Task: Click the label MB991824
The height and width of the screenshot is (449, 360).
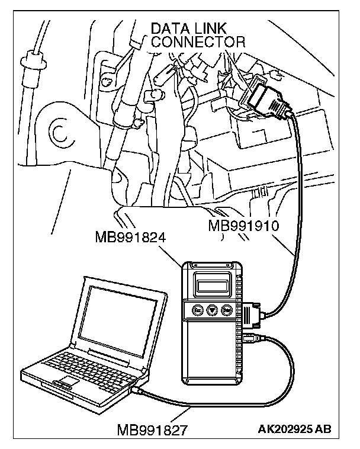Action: click(130, 238)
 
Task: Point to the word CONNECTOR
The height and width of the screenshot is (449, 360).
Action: click(197, 42)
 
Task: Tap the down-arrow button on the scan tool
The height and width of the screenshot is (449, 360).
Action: click(211, 310)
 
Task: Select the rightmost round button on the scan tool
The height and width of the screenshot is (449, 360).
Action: click(226, 310)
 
